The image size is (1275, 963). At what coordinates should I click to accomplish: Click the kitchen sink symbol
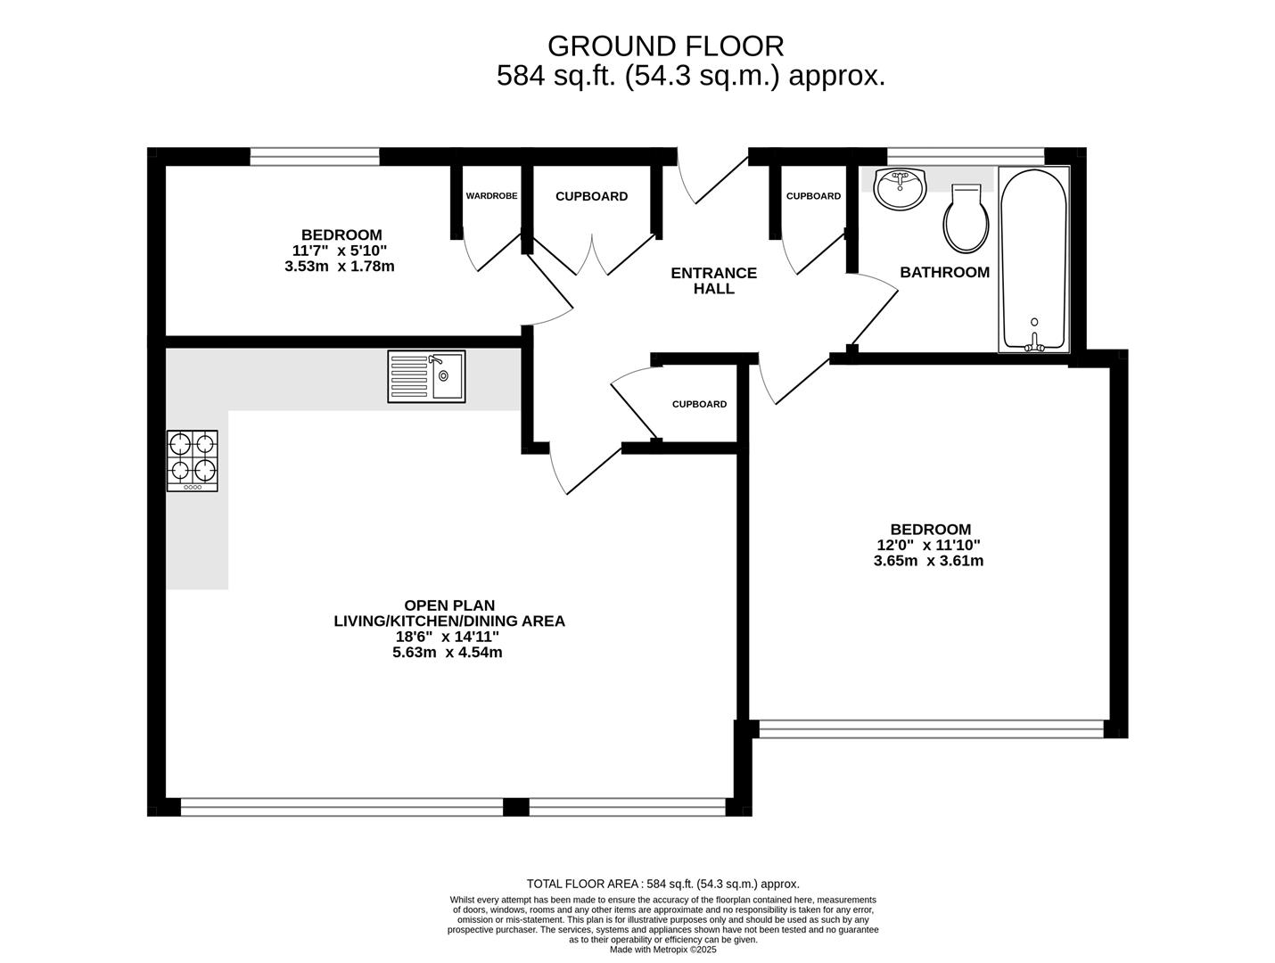[x=426, y=376]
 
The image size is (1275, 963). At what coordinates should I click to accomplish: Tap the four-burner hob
[x=193, y=461]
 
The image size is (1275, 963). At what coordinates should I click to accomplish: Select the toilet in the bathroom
[x=967, y=218]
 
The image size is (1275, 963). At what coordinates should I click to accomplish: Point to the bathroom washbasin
[x=900, y=187]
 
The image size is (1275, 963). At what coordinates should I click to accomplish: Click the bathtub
[x=1034, y=259]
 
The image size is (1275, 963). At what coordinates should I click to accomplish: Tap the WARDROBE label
[x=491, y=196]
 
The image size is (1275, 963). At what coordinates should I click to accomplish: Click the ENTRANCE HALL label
[x=714, y=281]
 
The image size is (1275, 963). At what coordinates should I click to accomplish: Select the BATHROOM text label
[x=944, y=272]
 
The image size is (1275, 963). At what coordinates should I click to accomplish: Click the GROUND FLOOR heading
[x=666, y=46]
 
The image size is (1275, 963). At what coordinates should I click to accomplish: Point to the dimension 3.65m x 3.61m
[x=928, y=561]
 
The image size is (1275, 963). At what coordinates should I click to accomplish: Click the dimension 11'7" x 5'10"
[x=339, y=251]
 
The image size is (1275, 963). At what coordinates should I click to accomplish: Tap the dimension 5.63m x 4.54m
[x=448, y=653]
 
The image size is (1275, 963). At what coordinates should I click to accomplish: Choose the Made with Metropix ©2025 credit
[x=662, y=950]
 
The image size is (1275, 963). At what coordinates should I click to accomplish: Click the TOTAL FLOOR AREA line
[x=662, y=884]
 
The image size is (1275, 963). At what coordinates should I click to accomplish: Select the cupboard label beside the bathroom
[x=813, y=196]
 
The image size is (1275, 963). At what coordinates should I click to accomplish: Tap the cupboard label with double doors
[x=591, y=196]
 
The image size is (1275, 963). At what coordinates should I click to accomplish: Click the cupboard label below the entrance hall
[x=699, y=404]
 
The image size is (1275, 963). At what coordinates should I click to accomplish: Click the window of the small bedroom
[x=315, y=157]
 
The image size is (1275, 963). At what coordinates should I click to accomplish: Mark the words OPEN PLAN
[x=449, y=605]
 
